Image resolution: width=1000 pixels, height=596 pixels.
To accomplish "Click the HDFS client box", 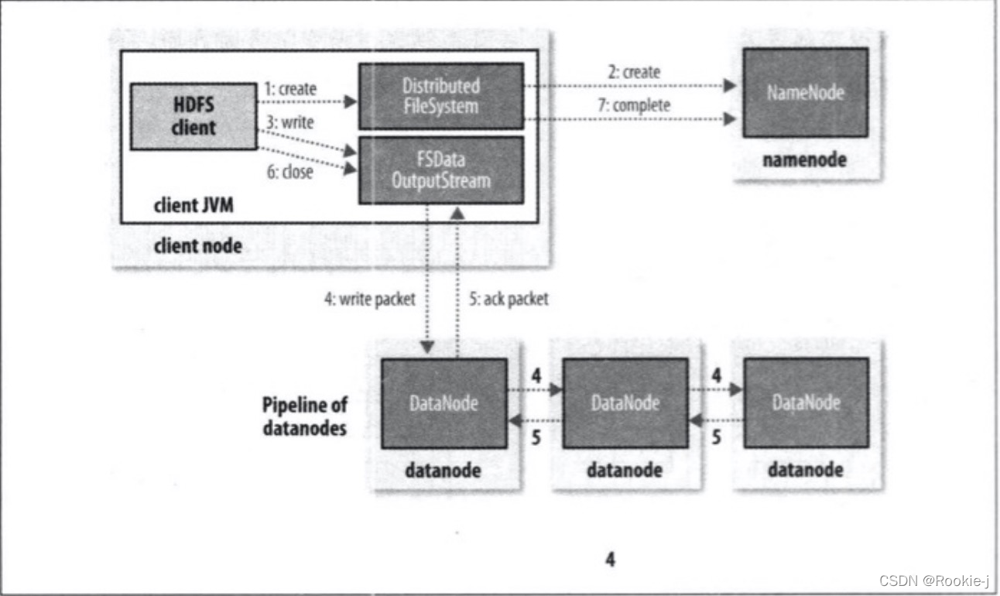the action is (x=193, y=116).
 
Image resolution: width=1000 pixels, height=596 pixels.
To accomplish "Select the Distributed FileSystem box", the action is (x=441, y=96).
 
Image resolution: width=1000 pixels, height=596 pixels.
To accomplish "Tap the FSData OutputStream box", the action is (x=441, y=170).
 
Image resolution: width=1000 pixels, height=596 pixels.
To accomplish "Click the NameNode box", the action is (x=806, y=92).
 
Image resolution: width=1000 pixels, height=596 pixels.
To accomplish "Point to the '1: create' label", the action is (x=290, y=89).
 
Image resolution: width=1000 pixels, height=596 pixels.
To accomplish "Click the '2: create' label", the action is (x=634, y=72).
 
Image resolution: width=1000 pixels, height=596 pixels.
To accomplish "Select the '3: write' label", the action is (x=290, y=122).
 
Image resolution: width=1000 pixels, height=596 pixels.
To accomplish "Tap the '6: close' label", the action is (x=290, y=172).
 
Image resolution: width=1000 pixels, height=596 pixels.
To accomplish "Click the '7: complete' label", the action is (x=634, y=105).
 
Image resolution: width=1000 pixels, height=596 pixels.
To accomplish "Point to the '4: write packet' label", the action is (x=370, y=299).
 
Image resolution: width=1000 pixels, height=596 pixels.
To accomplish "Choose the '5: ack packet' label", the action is (x=509, y=299).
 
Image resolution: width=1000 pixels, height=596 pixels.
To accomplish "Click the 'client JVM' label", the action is (x=193, y=205).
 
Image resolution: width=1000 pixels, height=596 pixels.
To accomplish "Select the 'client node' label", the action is (x=198, y=246).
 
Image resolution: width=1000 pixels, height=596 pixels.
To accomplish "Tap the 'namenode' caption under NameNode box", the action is (x=804, y=159).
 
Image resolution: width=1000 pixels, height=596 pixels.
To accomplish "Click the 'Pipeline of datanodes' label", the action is (x=305, y=416).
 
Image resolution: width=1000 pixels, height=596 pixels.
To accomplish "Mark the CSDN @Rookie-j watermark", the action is (x=934, y=581).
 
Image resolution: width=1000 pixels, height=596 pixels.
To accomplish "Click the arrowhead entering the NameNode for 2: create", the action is (x=730, y=85).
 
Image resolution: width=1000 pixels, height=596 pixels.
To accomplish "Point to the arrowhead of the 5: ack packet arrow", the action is (x=457, y=214).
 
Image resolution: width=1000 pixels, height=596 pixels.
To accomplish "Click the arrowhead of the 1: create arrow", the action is (x=351, y=102).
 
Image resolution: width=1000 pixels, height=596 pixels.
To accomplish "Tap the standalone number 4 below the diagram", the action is (x=610, y=560).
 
